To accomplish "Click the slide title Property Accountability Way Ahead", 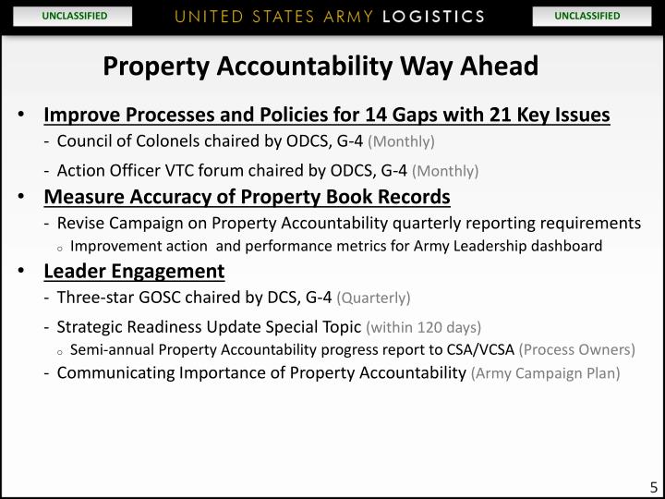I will click(320, 67).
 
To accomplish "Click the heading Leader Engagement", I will click(134, 271).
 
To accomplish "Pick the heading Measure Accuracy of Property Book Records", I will click(247, 197).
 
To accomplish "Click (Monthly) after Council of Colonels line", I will click(401, 142).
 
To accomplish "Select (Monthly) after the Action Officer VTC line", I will click(445, 171).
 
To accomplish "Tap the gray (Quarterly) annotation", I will click(373, 298).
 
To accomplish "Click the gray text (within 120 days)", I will click(423, 327).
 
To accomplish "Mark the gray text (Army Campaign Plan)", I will click(545, 373).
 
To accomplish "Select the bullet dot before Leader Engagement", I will click(21, 272).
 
